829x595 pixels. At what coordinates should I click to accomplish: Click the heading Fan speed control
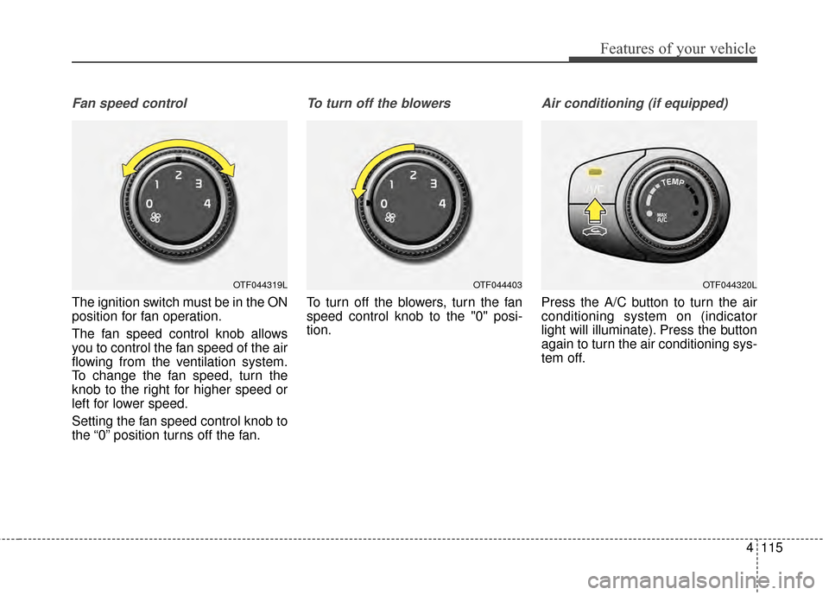point(130,103)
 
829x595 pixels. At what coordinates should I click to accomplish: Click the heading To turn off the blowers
point(378,103)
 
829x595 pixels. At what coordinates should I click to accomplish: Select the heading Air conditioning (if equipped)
point(634,103)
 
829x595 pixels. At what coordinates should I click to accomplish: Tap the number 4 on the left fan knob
point(207,204)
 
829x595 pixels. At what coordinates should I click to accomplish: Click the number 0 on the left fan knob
point(149,204)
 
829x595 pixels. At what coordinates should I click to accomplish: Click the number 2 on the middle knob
point(413,175)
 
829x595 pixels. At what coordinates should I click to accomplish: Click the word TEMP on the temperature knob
point(678,180)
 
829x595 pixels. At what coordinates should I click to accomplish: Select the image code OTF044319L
point(260,283)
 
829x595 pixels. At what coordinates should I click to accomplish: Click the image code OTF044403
point(497,283)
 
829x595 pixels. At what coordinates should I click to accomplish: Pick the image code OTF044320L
point(730,283)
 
